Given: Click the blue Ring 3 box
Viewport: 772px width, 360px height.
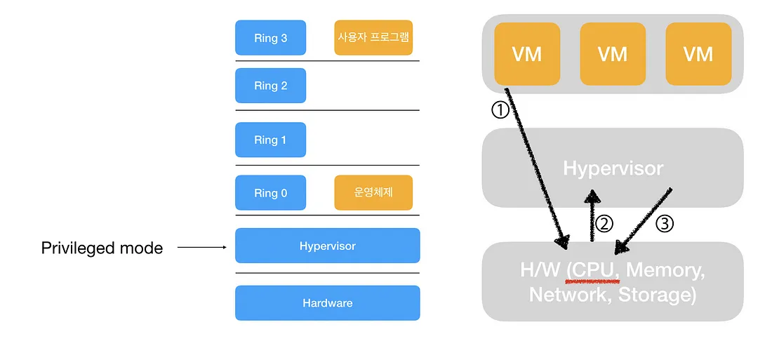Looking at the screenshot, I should point(270,38).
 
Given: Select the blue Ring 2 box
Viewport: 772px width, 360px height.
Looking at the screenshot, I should point(270,86).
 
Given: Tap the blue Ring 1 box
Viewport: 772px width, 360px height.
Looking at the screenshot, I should point(270,140).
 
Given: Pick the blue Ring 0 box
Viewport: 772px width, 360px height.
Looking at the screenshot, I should point(270,193).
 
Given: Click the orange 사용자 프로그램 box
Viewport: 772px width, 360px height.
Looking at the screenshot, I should point(373,38).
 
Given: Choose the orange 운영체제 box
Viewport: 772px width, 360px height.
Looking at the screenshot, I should point(373,193).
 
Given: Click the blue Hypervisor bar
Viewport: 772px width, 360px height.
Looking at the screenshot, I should point(327,246).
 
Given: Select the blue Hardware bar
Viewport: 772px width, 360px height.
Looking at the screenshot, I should point(327,303).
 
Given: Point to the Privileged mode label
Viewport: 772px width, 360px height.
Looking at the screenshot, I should point(102,248).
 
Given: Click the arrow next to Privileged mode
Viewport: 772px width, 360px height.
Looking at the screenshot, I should point(201,247).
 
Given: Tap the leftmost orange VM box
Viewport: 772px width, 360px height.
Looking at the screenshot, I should point(527,54).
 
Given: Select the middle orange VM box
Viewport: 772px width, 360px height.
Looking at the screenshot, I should point(613,54).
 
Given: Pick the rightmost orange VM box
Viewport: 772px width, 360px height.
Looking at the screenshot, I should point(698,54).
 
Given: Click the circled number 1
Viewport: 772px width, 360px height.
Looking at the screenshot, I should point(499,111).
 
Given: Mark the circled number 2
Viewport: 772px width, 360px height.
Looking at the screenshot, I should point(604,223).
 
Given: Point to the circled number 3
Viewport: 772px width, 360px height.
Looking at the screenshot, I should point(665,224).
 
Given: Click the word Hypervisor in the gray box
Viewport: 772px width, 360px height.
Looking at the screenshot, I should point(613,168).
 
